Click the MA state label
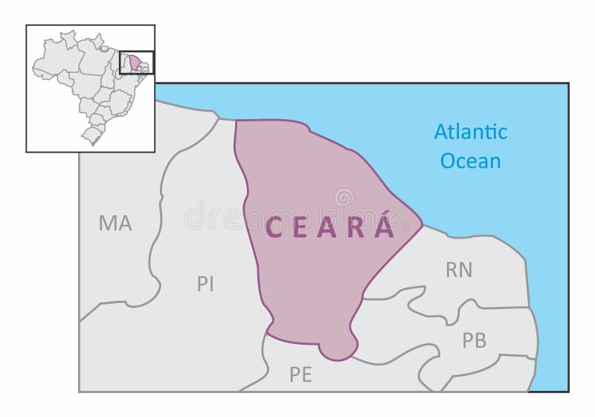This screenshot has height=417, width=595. (115, 223)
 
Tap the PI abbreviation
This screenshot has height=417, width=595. (205, 284)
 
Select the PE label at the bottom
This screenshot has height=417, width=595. (300, 375)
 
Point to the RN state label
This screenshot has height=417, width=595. (459, 270)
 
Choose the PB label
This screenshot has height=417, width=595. (474, 340)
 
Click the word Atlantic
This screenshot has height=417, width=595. (471, 133)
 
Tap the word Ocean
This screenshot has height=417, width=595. (471, 161)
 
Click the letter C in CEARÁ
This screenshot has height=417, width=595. (273, 228)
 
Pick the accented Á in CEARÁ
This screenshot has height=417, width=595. (385, 226)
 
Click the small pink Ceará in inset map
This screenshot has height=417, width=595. (134, 63)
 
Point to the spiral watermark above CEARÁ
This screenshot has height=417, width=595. (343, 198)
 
